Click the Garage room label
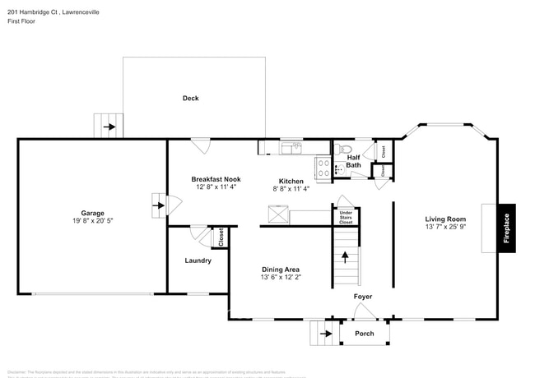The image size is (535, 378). pyautogui.click(x=92, y=212)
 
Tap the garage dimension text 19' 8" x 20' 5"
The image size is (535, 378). pyautogui.click(x=92, y=221)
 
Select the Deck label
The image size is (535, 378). pyautogui.click(x=191, y=98)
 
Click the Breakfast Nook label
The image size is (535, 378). pyautogui.click(x=216, y=178)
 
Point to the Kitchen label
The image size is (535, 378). pyautogui.click(x=291, y=181)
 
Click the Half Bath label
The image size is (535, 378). pyautogui.click(x=353, y=161)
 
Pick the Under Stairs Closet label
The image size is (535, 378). pyautogui.click(x=346, y=218)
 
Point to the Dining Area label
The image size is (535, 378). pyautogui.click(x=280, y=270)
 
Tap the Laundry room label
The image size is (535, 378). pyautogui.click(x=198, y=260)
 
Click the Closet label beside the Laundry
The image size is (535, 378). pyautogui.click(x=221, y=237)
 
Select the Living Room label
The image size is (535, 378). pyautogui.click(x=445, y=219)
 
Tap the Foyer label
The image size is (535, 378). pyautogui.click(x=363, y=296)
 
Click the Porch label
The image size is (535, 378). pyautogui.click(x=364, y=334)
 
